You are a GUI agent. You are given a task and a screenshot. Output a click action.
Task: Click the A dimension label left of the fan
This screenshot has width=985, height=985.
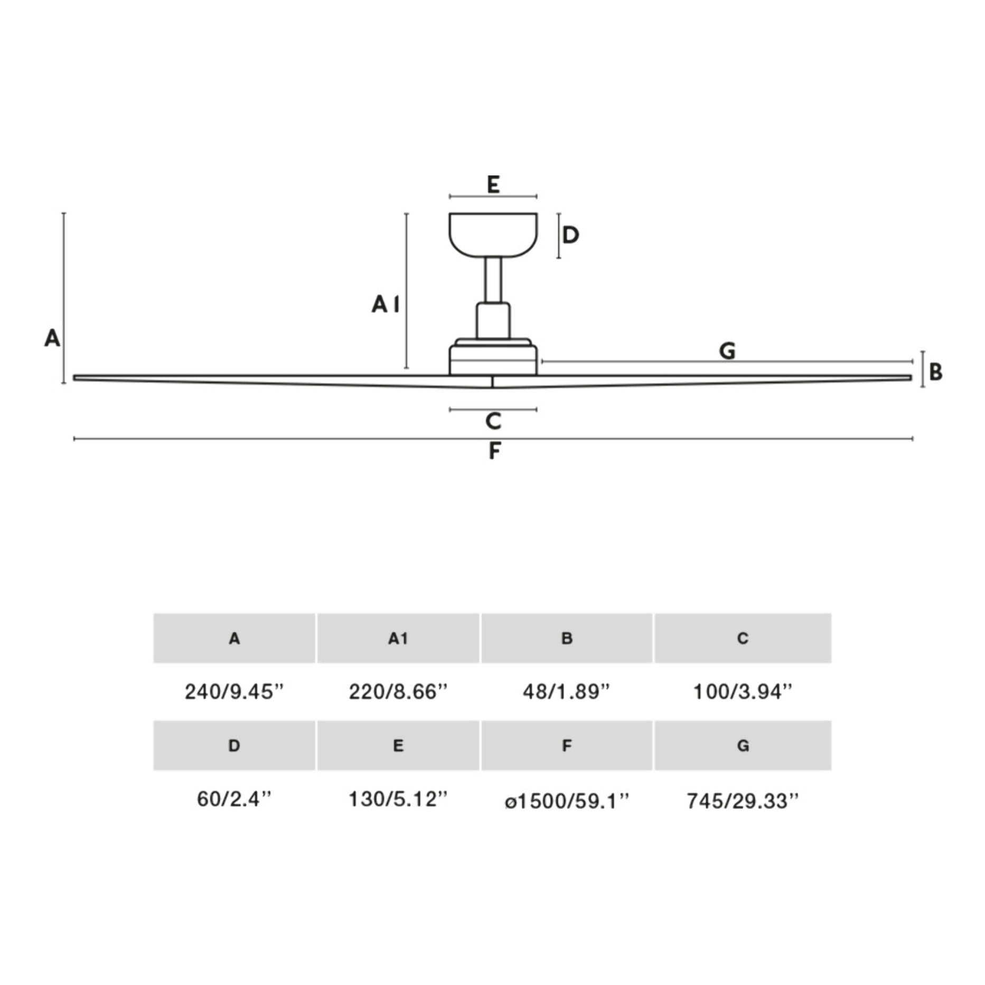52,338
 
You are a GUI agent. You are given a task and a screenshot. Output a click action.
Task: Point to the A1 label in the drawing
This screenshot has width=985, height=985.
386,304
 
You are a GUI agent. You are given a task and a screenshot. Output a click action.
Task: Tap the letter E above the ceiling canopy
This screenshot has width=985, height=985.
493,184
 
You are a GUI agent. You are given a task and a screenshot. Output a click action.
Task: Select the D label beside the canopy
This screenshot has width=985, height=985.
570,235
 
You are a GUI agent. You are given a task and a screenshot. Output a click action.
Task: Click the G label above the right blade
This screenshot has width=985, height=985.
727,351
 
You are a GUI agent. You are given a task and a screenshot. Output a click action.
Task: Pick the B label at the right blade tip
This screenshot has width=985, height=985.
935,372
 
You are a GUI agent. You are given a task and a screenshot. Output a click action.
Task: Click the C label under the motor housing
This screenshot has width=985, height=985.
493,421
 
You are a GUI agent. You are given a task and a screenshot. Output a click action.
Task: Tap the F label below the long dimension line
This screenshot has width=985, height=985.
494,451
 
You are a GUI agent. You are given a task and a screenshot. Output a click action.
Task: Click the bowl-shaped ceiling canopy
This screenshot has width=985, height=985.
493,235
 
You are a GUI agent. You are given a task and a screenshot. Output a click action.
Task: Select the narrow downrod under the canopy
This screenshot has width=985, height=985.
493,280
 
